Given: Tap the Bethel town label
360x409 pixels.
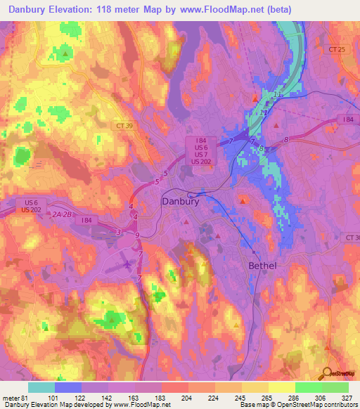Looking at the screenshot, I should (262, 266).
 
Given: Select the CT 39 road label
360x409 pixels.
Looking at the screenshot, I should (124, 125).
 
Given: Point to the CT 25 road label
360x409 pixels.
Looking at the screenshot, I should (338, 49).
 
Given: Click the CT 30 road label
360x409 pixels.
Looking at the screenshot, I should (352, 239).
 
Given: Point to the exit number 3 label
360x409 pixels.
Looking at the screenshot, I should (119, 231).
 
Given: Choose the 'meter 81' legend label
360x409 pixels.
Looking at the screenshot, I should (14, 398).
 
